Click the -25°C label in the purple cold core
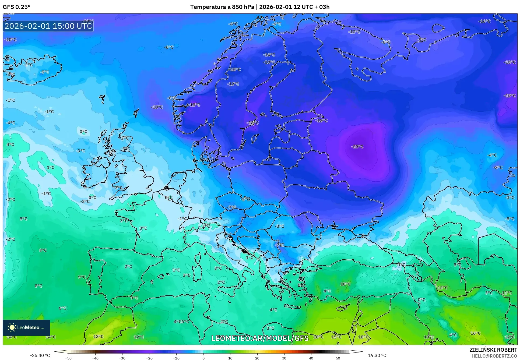(x=357, y=147)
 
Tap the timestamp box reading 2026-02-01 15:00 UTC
(x=48, y=26)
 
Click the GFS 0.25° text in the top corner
(x=16, y=7)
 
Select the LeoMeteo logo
(x=26, y=327)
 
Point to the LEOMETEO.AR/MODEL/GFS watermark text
(x=260, y=338)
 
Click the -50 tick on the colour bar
(x=68, y=358)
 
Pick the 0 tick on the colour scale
(x=203, y=358)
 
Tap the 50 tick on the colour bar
(x=338, y=358)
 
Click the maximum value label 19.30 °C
(x=377, y=355)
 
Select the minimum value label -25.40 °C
(x=40, y=355)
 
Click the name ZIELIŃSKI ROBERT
(x=493, y=350)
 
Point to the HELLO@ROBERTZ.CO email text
(x=494, y=356)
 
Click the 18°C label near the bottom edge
(x=98, y=337)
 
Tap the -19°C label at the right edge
(x=510, y=96)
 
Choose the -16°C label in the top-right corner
(x=484, y=21)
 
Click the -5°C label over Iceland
(x=45, y=72)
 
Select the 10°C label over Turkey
(x=345, y=284)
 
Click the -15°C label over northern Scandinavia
(x=235, y=70)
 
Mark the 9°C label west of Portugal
(x=82, y=277)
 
